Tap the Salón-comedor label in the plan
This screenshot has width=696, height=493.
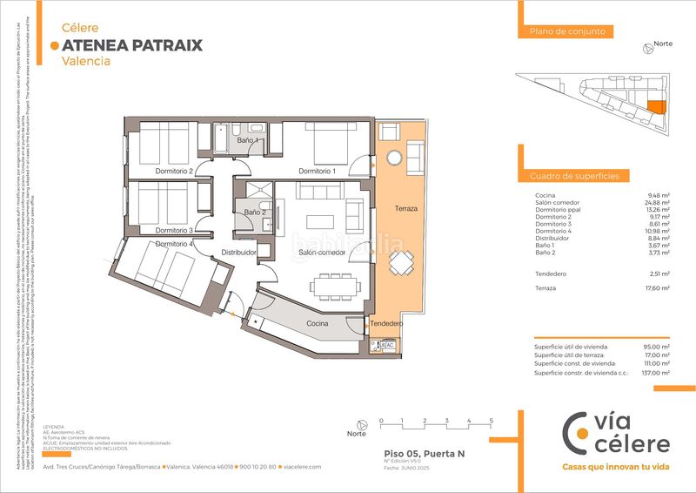[x=322, y=253]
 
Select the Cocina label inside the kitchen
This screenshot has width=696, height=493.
[x=317, y=323]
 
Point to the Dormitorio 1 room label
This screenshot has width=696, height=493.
[x=317, y=171]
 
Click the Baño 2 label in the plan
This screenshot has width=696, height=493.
[x=255, y=213]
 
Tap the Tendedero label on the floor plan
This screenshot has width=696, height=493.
[x=385, y=324]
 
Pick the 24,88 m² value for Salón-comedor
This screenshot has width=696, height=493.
[x=658, y=203]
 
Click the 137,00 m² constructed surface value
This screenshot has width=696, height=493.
[x=656, y=373]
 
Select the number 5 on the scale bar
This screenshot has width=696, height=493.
[x=492, y=421]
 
